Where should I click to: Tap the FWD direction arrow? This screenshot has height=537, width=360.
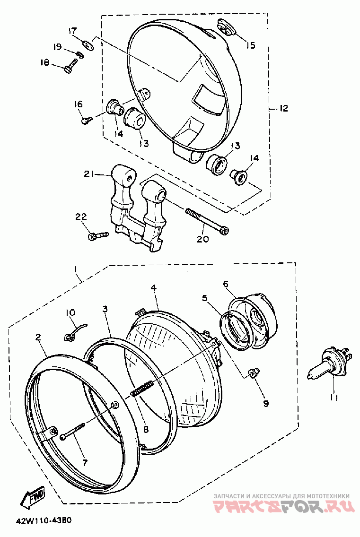[33, 495]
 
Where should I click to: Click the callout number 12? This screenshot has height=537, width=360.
[283, 109]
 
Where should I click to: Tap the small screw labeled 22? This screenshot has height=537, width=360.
[99, 236]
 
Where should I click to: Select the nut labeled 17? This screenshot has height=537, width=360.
[89, 44]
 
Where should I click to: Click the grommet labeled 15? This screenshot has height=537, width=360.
[227, 28]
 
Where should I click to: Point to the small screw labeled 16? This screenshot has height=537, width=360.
[87, 120]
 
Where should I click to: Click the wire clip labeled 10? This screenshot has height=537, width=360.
[75, 332]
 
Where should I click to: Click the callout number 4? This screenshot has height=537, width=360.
[154, 288]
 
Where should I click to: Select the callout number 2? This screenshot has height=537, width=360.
[38, 338]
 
